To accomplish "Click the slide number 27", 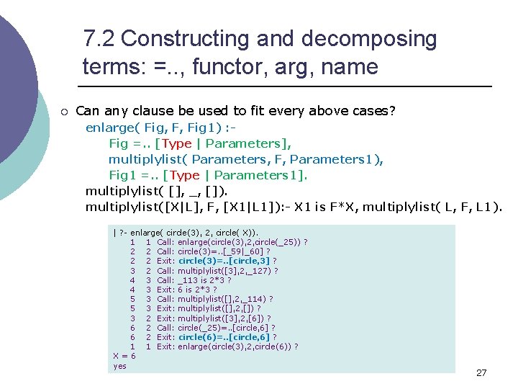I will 481,372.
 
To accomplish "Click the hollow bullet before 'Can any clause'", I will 64,111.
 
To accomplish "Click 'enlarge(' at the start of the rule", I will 109,128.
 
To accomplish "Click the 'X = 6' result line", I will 121,356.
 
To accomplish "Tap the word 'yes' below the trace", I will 119,366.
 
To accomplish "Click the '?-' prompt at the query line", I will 124,233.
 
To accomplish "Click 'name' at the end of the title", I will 353,67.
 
